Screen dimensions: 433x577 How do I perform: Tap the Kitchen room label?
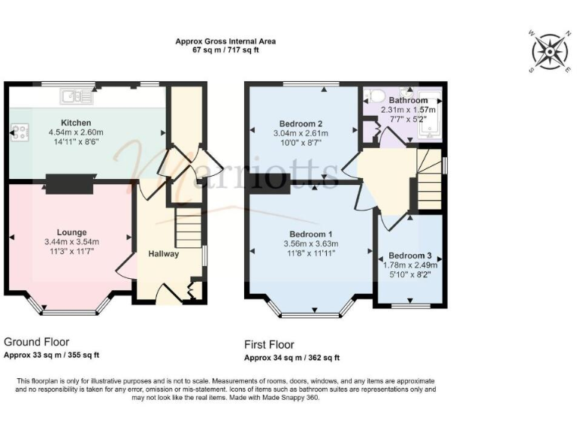point(76,123)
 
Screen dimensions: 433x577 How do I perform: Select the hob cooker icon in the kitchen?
point(20,133)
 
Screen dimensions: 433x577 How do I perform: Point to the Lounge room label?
point(71,232)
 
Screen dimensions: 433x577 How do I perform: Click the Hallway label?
point(163,254)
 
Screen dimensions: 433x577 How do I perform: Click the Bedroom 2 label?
point(301,124)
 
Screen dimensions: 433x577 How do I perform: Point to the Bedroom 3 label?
point(412,255)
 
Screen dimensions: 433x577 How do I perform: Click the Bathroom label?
point(408,100)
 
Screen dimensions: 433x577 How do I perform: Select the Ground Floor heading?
point(38,341)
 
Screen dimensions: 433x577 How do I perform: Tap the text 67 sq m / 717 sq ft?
point(225,51)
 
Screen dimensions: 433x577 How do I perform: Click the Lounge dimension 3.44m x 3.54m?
point(71,242)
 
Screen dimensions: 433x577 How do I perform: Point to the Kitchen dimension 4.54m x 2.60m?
point(76,132)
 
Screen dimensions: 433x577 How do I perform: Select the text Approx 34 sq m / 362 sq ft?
point(292,358)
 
